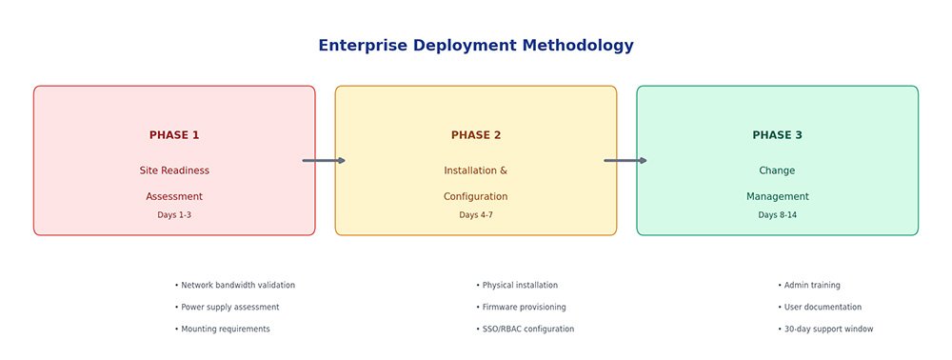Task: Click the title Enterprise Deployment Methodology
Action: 476,46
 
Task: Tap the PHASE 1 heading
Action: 174,135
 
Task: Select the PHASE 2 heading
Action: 476,135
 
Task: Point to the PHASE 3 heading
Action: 777,135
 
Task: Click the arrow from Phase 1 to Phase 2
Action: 325,160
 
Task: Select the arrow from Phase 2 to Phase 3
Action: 625,160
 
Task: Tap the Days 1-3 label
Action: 174,215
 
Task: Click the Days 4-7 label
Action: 476,215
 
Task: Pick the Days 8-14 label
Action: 777,215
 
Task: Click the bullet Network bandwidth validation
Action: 235,286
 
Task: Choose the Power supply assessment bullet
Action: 228,308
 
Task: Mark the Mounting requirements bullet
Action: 222,329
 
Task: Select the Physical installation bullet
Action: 517,286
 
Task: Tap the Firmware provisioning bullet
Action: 521,308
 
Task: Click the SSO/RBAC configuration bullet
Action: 526,329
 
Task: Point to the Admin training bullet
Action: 808,286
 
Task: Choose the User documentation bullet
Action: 820,308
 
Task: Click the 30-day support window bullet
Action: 825,329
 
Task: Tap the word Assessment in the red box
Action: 174,197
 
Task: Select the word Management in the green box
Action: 777,197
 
